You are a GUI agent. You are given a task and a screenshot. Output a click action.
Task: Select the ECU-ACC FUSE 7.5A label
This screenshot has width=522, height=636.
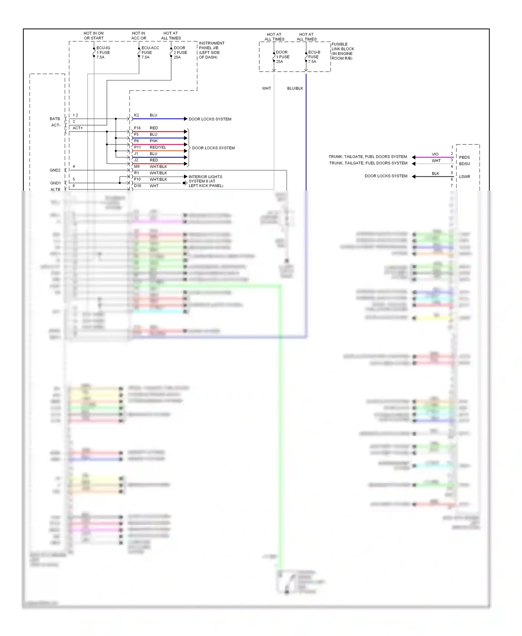click(x=150, y=53)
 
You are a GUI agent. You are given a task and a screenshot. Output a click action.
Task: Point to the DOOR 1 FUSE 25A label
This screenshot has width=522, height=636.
click(x=283, y=57)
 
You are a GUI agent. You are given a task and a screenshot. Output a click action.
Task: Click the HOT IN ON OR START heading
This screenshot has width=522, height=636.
click(x=94, y=36)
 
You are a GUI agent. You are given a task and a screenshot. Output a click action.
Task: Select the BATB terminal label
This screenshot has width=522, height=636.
click(x=55, y=119)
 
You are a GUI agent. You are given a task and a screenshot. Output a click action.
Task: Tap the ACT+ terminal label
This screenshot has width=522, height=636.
click(x=78, y=128)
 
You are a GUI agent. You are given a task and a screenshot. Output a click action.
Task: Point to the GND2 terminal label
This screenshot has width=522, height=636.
click(x=55, y=170)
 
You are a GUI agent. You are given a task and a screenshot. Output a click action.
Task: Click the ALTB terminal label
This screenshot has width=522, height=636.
click(x=55, y=190)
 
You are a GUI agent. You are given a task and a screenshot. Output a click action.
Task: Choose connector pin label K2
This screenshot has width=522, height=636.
click(x=136, y=115)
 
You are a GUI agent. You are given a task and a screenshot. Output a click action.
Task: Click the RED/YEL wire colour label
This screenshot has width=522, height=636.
click(x=158, y=148)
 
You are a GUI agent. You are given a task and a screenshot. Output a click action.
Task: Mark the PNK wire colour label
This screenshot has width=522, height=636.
click(x=154, y=141)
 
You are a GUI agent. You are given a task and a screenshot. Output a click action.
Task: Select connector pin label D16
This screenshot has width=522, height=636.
click(x=137, y=186)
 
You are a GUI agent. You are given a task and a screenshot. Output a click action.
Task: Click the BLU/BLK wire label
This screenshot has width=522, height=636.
click(x=295, y=88)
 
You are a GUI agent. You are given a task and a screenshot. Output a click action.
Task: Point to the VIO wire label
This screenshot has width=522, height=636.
click(x=435, y=154)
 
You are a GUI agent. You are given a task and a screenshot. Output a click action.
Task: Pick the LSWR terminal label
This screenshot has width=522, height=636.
click(x=464, y=177)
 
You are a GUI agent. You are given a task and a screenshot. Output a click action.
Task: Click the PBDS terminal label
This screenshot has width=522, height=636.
click(x=464, y=157)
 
